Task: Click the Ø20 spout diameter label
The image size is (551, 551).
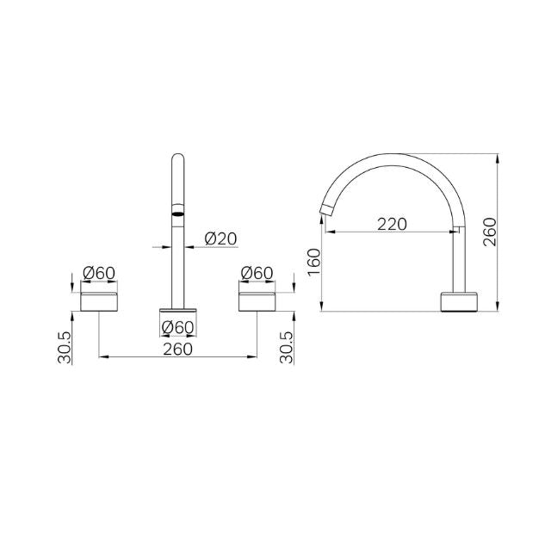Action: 220,238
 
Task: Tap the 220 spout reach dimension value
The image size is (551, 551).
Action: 392,224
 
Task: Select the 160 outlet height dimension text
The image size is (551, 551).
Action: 313,261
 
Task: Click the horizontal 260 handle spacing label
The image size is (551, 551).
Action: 177,349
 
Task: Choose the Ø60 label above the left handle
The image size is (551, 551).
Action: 98,273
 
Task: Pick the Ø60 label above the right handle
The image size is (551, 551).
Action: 257,273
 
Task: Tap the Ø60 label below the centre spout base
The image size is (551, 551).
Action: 178,326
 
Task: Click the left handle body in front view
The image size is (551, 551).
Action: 98,300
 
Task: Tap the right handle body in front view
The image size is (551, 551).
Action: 257,300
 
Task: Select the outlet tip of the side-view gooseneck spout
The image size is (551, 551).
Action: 328,209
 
